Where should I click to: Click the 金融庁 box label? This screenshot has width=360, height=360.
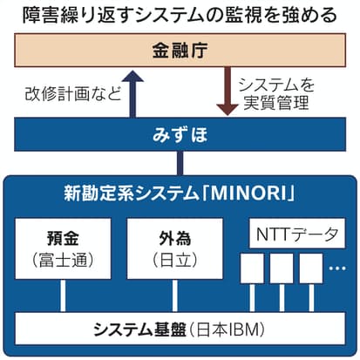click(180, 51)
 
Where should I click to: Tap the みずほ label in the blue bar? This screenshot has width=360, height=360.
click(180, 134)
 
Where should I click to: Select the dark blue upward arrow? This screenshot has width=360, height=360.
click(132, 94)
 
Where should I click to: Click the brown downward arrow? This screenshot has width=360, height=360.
click(228, 91)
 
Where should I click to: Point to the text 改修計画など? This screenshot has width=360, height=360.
click(73, 94)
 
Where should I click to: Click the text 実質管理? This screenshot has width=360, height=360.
click(276, 103)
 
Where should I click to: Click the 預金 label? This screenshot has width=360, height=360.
click(63, 238)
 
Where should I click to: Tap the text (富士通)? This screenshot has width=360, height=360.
click(63, 260)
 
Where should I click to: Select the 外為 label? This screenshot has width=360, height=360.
click(175, 238)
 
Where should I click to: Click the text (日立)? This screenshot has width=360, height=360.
click(175, 260)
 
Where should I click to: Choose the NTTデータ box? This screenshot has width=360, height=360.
click(297, 234)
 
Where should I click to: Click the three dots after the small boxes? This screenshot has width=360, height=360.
click(337, 268)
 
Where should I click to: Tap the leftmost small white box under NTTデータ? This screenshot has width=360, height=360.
click(252, 268)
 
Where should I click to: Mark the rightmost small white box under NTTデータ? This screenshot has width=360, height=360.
click(311, 268)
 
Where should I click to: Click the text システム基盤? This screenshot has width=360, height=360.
click(139, 329)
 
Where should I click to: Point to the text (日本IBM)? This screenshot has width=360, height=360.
click(227, 329)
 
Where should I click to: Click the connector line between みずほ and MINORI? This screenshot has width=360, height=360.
click(180, 163)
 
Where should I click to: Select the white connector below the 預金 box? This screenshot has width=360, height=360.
click(63, 295)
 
